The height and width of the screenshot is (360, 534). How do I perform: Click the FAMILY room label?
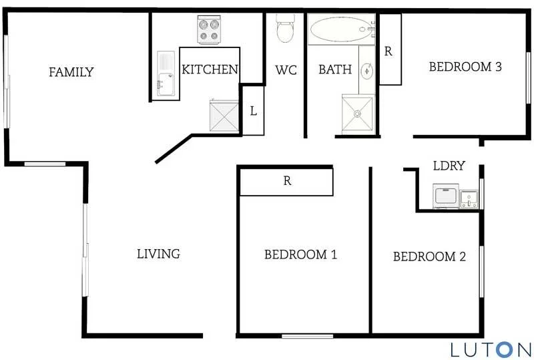point(71,72)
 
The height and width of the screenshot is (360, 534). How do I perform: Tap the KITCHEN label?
point(210,69)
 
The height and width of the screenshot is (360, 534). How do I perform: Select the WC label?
point(286,69)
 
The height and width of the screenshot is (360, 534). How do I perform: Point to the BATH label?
point(334,69)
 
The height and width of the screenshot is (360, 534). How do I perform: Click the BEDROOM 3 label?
point(465,67)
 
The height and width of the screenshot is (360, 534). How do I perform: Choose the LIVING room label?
point(158,254)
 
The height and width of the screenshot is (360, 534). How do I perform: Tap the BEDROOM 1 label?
point(300,254)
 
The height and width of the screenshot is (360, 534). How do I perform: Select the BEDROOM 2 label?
point(429,256)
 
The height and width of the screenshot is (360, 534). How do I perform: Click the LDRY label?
point(449,166)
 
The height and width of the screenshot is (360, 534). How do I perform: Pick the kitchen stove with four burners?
point(210,30)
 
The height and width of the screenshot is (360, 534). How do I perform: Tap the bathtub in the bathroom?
point(339,29)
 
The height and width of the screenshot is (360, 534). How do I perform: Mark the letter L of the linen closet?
point(253,112)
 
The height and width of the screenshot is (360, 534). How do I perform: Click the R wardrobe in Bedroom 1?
point(286,181)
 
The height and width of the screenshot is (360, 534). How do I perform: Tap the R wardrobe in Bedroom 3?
point(390,50)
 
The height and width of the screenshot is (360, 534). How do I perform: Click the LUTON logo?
point(491,348)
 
